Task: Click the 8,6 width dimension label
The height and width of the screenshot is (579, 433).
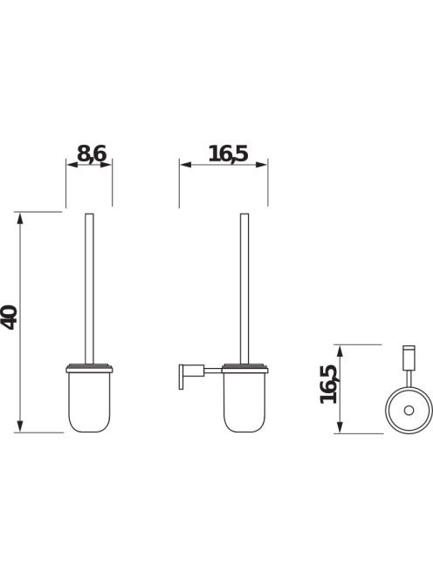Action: coord(92,153)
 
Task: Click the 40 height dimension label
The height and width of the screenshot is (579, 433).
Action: coord(10,317)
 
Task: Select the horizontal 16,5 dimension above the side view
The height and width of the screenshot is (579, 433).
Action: coord(223,165)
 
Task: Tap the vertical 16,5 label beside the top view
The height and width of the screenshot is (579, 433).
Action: coord(329,384)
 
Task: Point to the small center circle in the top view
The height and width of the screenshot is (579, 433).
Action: coord(409,410)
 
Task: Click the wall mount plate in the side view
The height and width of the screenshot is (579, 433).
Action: coord(182,377)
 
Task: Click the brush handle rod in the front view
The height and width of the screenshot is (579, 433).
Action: coord(90,289)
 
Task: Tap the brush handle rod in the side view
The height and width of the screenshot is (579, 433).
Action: coord(244,289)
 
